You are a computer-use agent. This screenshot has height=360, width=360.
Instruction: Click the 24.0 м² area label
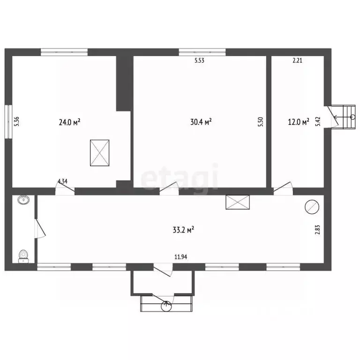click(x=69, y=122)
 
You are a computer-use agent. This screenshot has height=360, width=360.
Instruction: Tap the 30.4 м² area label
click(x=201, y=121)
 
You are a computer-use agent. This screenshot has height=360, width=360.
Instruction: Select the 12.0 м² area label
click(x=299, y=121)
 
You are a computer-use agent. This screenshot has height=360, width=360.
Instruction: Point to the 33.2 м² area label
click(x=183, y=230)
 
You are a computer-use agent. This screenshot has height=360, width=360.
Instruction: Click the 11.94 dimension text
click(x=180, y=257)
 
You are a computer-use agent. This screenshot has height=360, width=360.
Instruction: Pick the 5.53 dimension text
click(x=199, y=60)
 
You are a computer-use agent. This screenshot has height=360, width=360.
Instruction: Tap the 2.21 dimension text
click(x=297, y=60)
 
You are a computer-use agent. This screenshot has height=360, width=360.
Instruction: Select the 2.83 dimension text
click(x=317, y=230)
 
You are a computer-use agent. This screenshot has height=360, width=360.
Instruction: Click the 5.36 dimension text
click(x=16, y=121)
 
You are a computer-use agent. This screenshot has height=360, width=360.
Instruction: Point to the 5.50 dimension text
click(x=260, y=122)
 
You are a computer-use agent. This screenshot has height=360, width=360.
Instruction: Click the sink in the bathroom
click(x=23, y=200)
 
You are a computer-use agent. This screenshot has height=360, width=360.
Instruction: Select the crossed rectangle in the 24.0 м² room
click(x=100, y=153)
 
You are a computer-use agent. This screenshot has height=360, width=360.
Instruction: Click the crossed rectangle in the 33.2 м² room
click(x=238, y=202)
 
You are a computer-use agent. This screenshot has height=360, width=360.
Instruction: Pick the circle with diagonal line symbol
click(x=312, y=207)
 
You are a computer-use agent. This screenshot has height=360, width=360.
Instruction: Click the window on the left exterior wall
click(x=8, y=122)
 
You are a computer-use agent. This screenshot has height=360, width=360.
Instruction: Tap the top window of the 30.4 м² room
click(x=202, y=52)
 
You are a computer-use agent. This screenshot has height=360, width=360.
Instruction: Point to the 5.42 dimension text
click(x=318, y=121)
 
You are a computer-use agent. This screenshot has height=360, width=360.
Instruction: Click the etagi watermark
click(x=180, y=176)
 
